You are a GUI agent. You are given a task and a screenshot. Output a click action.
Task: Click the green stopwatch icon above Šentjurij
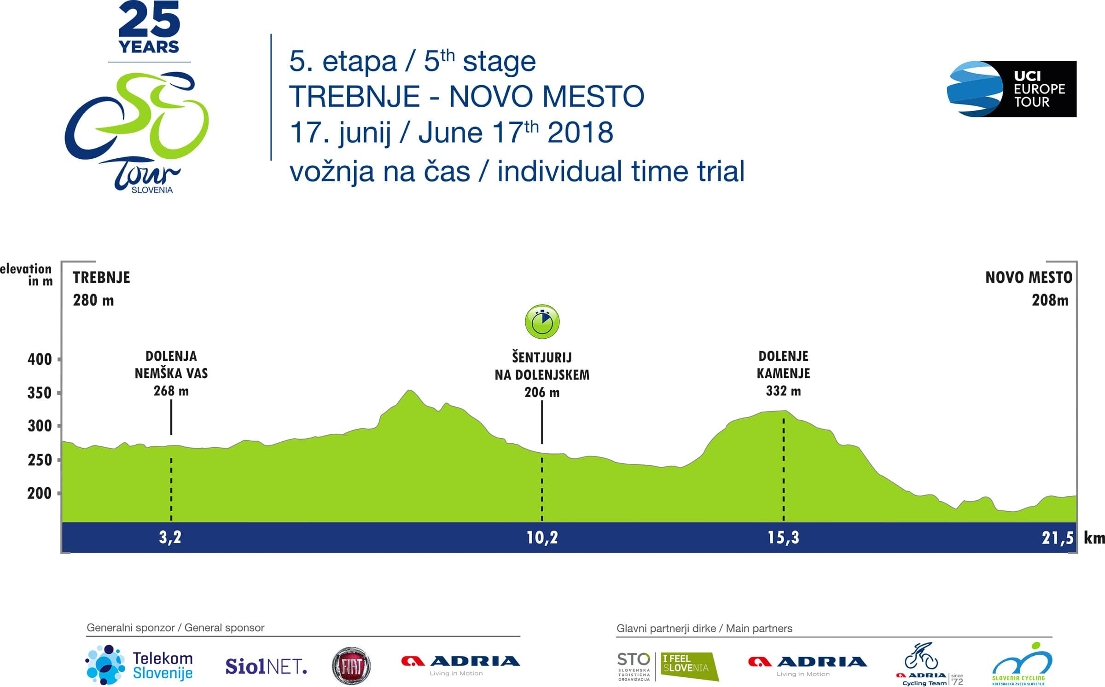click(x=542, y=322)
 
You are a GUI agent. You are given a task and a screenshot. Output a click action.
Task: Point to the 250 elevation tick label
click(x=40, y=460)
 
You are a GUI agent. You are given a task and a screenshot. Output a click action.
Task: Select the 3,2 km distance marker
click(x=170, y=537)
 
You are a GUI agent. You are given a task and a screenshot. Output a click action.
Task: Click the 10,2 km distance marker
click(x=542, y=537)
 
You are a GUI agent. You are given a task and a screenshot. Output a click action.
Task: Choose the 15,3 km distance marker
click(x=784, y=537)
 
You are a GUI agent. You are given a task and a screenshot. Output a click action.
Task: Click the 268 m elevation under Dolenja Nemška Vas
click(x=171, y=391)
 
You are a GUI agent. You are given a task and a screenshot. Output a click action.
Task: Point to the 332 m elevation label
click(x=784, y=391)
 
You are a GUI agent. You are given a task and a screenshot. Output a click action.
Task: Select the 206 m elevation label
click(x=542, y=393)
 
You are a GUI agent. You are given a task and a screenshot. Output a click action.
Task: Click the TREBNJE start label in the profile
click(x=101, y=277)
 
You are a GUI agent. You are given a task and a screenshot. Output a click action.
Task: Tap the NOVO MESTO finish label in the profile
click(x=1029, y=277)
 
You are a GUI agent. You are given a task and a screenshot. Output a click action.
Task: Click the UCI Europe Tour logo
click(x=1011, y=89)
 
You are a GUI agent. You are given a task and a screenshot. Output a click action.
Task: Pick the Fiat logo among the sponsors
click(x=351, y=666)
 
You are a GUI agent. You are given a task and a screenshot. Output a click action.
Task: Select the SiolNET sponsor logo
click(x=266, y=666)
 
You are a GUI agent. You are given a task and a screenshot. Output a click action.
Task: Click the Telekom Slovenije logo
click(x=140, y=665)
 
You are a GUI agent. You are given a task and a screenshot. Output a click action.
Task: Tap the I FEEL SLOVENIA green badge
click(x=690, y=666)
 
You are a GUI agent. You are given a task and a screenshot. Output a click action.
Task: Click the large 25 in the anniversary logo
click(x=149, y=20)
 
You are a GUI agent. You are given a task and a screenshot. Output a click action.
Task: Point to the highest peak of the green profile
click(x=410, y=390)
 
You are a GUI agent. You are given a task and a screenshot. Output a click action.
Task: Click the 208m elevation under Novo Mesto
click(x=1050, y=300)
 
